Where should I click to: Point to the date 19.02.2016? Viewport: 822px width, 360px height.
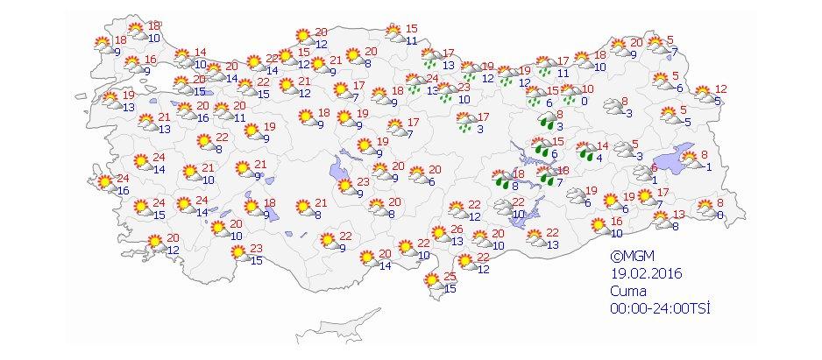tap(647, 273)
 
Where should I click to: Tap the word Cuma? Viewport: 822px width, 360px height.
tap(628, 290)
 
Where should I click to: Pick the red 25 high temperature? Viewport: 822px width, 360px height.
tap(450, 277)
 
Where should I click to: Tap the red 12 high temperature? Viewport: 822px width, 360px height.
tap(721, 89)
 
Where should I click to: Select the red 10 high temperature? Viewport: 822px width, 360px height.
tap(587, 88)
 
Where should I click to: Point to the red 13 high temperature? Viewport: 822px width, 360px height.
tap(679, 215)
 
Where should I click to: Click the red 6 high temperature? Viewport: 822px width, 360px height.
tap(654, 169)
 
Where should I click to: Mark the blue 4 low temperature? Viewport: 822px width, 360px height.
tap(599, 158)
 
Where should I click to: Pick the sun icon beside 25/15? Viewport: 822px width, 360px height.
tap(431, 282)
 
